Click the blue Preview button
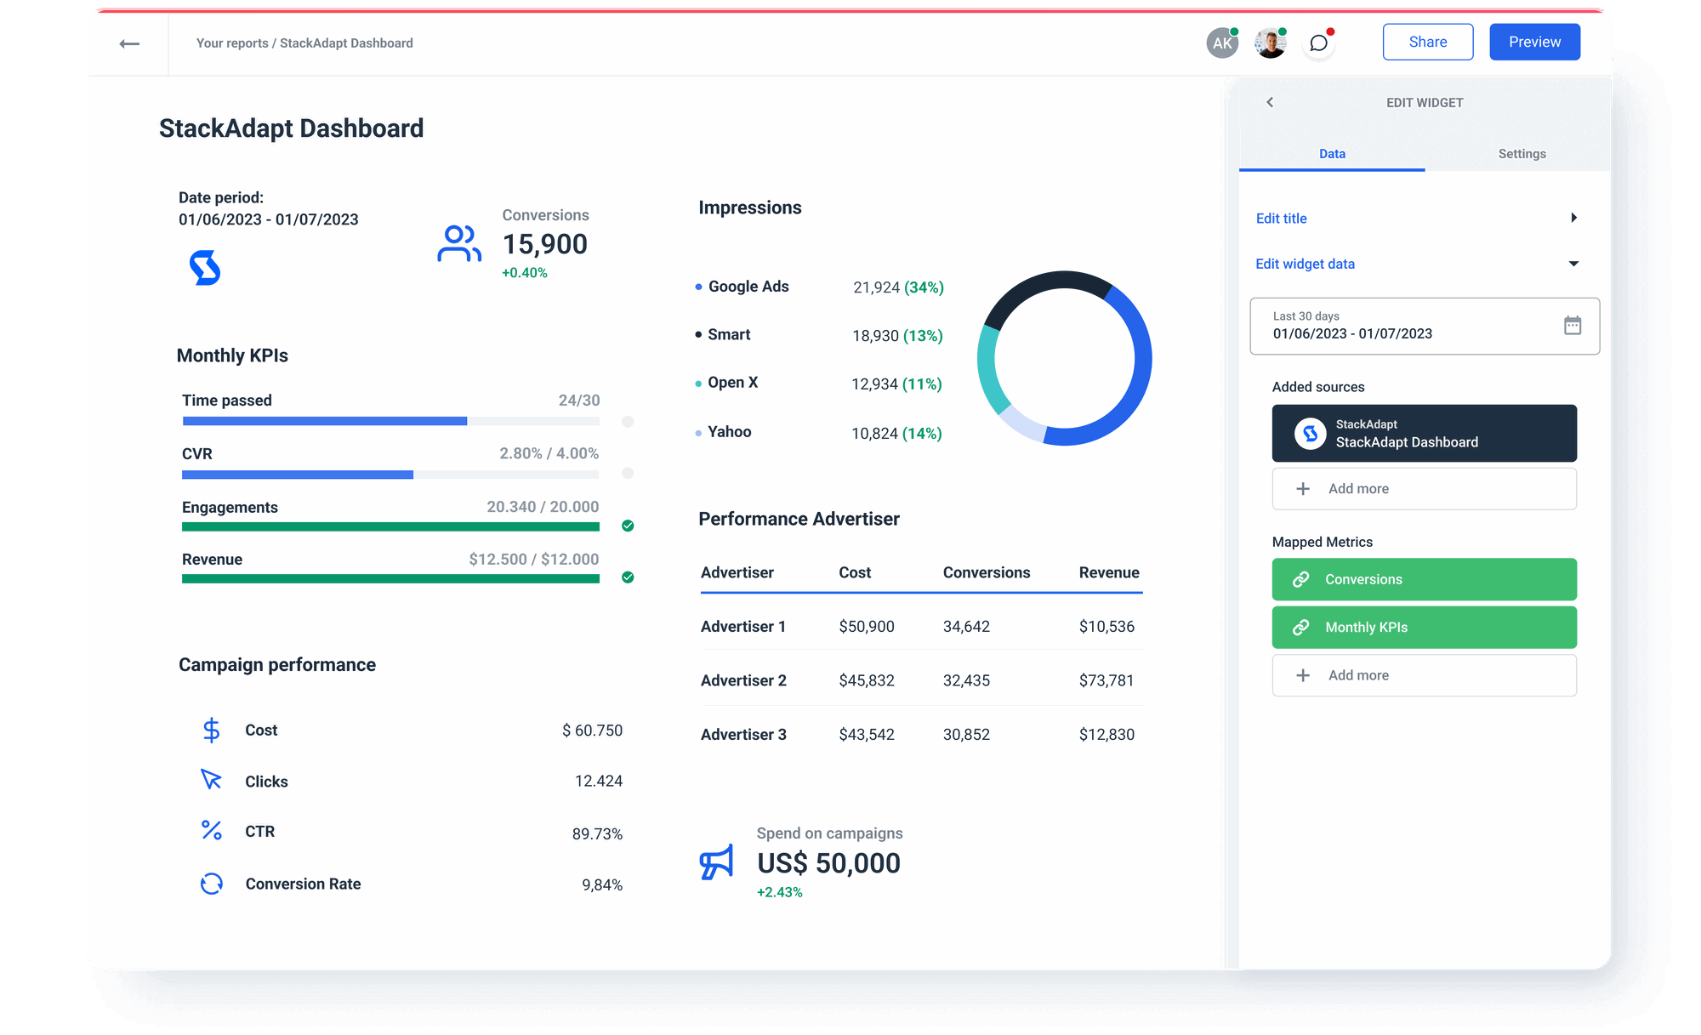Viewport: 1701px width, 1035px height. pos(1534,42)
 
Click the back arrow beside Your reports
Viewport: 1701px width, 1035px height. pos(129,43)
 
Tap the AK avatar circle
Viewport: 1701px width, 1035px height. pos(1222,43)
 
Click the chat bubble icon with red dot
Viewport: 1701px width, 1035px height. pos(1318,43)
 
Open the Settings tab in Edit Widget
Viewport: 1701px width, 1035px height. pos(1522,154)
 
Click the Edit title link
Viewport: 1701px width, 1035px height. pos(1282,219)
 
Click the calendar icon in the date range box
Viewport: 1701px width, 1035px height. pos(1572,326)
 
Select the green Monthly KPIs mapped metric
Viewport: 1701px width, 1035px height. pos(1424,628)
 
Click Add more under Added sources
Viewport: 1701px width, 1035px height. pos(1424,489)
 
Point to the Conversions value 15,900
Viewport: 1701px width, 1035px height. pos(544,245)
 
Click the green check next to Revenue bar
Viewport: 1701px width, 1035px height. pos(628,577)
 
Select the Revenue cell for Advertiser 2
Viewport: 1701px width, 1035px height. pos(1106,680)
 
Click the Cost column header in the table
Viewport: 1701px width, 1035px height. pos(854,572)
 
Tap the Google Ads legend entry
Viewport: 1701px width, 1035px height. pos(748,287)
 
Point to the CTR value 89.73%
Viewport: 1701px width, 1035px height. pos(597,834)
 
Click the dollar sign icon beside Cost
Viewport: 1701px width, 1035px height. pos(211,731)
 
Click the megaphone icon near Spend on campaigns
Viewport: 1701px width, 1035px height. pos(716,862)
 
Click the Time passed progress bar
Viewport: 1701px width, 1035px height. pos(390,421)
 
